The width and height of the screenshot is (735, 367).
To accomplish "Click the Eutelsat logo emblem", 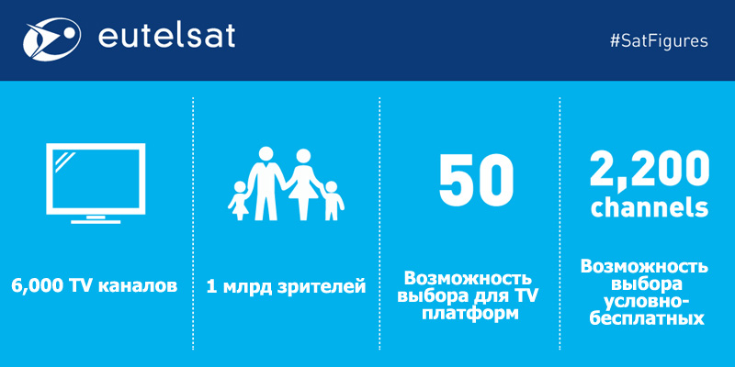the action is (51, 39).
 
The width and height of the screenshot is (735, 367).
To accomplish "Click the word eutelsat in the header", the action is (166, 37).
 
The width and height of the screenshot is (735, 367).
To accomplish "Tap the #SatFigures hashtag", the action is (659, 41).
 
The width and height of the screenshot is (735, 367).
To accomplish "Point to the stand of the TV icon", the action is (96, 219).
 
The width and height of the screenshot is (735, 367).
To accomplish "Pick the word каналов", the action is (138, 285).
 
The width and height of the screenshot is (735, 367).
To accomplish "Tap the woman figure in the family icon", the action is (303, 184).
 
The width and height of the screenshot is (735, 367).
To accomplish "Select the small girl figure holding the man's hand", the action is (238, 200).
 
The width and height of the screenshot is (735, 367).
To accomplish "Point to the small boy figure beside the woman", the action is (332, 200).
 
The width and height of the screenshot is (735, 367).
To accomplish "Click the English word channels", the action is (650, 207).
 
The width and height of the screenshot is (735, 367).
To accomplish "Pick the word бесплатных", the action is (648, 317).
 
